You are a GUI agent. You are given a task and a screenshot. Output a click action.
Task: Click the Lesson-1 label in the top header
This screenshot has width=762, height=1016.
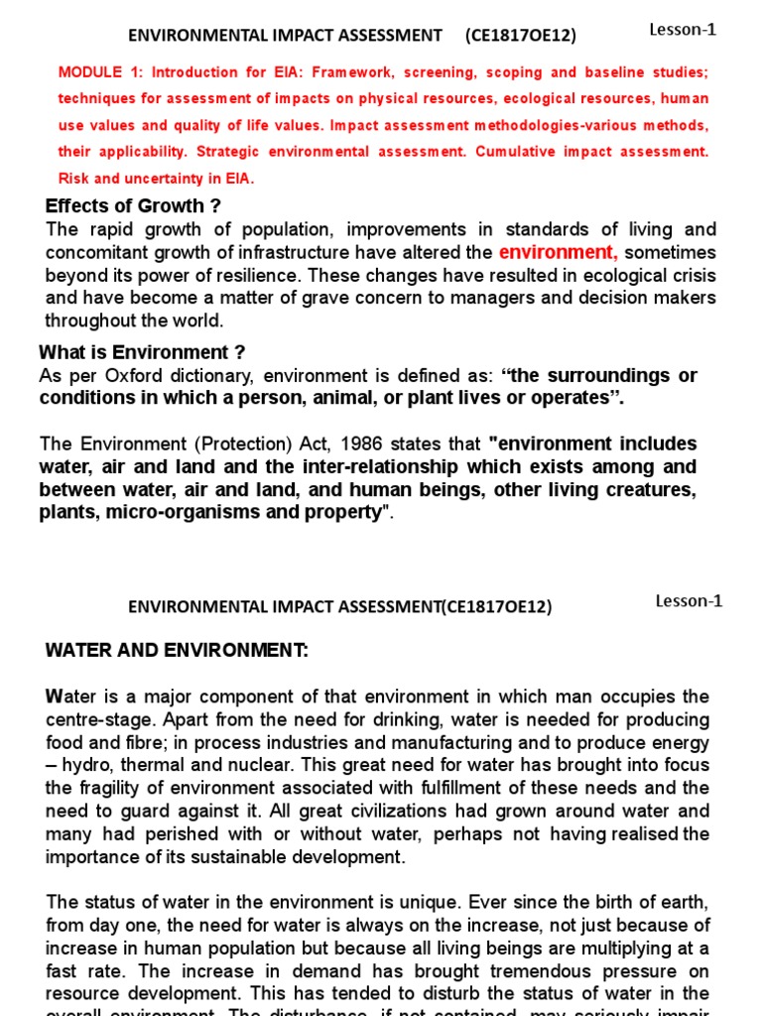tap(682, 30)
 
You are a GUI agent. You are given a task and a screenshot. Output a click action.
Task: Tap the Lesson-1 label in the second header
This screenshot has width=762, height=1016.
tap(689, 601)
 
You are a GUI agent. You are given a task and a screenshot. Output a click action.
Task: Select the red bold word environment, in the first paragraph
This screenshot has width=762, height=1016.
tap(559, 252)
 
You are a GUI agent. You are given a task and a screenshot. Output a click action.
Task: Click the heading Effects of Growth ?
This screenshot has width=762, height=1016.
tap(133, 206)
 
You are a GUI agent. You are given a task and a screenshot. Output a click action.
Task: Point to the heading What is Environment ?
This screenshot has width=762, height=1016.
tap(142, 352)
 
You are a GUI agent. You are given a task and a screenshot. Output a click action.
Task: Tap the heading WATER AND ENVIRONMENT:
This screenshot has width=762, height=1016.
tap(178, 651)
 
